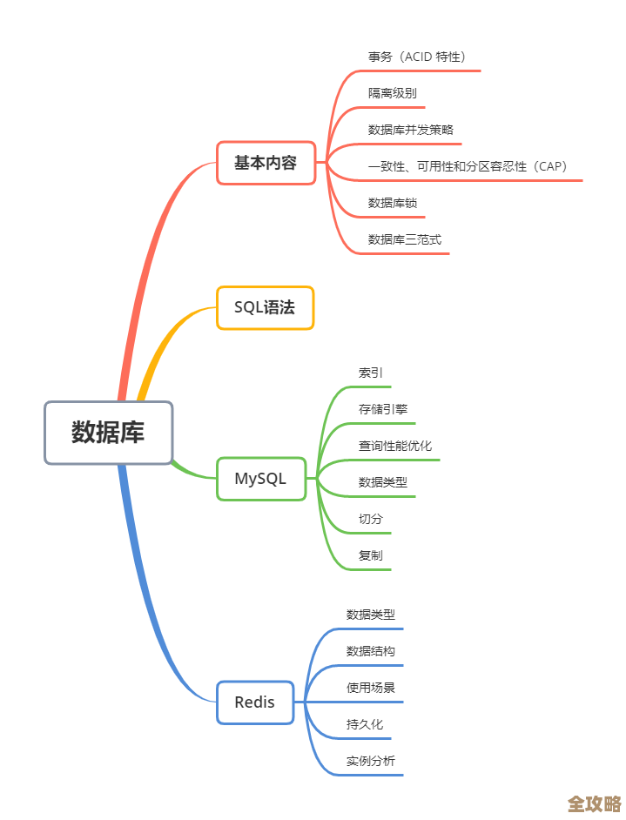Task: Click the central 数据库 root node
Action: coord(109,433)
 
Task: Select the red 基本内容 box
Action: coord(266,163)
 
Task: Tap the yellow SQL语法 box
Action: coord(265,307)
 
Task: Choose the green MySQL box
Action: coord(260,479)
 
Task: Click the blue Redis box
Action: coord(254,702)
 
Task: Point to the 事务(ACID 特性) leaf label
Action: coord(417,57)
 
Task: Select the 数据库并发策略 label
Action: coord(410,130)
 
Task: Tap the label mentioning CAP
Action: coord(468,166)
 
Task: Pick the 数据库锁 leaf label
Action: coord(393,203)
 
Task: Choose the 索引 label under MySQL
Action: coord(370,373)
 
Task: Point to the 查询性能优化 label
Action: coord(394,446)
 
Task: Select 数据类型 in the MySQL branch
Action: coord(382,482)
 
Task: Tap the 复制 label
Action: coord(370,555)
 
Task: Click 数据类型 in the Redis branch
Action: coord(370,615)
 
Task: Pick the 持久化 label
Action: coord(364,724)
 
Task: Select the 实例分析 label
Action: coord(370,761)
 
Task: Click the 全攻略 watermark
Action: coord(594,803)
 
